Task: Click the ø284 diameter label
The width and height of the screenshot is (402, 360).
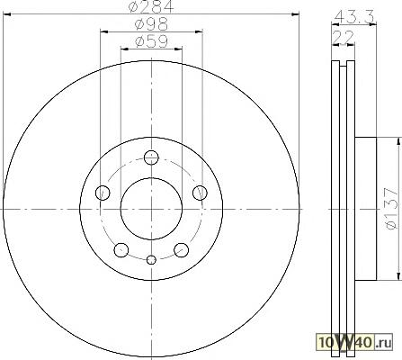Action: tap(151, 6)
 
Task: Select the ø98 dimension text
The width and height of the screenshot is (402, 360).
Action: tap(151, 24)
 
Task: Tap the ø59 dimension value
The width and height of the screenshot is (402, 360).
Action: tap(151, 41)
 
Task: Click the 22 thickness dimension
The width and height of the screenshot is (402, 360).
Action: tap(344, 37)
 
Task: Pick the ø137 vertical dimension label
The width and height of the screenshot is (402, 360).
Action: tap(392, 209)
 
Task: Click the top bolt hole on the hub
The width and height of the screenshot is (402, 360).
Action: tap(151, 157)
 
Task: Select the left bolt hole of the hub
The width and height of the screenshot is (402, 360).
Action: tap(103, 193)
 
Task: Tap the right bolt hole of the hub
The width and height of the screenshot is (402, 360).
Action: tap(200, 193)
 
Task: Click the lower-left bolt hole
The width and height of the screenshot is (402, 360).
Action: tap(121, 250)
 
